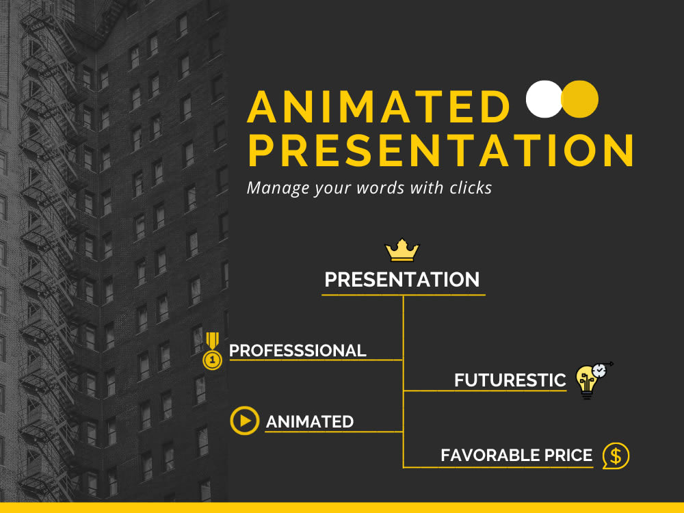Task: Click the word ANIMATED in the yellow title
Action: pos(380,107)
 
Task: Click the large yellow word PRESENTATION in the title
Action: pos(440,150)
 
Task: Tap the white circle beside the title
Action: pos(544,99)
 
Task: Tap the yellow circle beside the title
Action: pos(580,99)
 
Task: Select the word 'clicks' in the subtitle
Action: pos(470,187)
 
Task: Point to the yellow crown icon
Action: pos(402,250)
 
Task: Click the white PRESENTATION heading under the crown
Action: pos(402,280)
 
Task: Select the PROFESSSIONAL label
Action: pos(298,351)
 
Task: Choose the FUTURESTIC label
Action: pos(510,380)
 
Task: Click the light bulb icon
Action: pos(588,380)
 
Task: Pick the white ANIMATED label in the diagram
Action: pos(310,422)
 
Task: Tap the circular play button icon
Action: pos(244,421)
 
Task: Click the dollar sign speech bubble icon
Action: pos(616,456)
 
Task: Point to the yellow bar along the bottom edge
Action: pos(342,508)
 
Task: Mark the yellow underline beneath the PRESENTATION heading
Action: pos(404,295)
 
